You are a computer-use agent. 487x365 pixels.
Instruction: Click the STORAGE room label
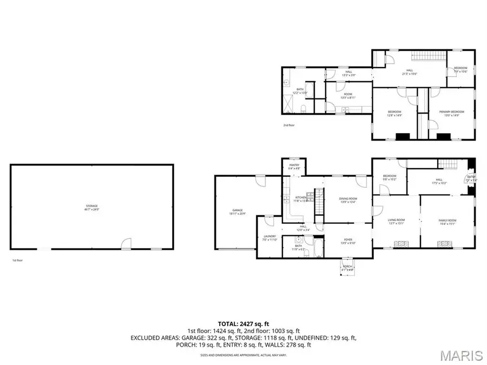pyautogui.click(x=91, y=207)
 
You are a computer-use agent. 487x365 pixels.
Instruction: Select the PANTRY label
pyautogui.click(x=294, y=166)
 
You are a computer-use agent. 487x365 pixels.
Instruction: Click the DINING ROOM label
pyautogui.click(x=348, y=200)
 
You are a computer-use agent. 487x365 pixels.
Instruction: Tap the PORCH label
pyautogui.click(x=346, y=267)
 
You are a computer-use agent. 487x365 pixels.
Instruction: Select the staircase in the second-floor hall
pyautogui.click(x=430, y=57)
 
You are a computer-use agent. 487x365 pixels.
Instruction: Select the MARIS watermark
pyautogui.click(x=461, y=355)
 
